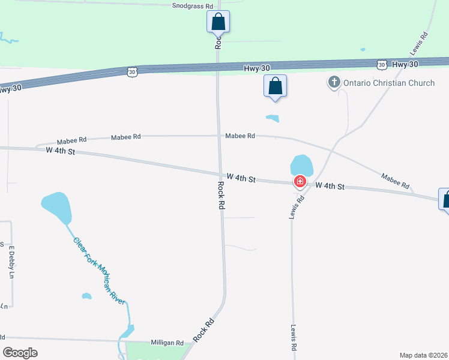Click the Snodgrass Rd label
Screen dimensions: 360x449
193,6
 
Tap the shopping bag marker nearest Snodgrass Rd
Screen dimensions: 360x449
218,22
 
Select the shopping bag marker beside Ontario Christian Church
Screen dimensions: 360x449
275,85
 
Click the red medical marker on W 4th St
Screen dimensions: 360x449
300,181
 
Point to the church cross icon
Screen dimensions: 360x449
334,82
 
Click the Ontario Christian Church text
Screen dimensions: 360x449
388,83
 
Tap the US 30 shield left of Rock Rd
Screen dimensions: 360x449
132,71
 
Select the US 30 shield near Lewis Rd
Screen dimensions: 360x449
381,64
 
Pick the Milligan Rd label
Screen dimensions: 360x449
167,343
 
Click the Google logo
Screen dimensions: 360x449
20,352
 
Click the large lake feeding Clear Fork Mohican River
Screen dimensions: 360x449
56,208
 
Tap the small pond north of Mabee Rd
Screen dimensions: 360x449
273,118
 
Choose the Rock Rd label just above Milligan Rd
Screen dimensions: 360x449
204,330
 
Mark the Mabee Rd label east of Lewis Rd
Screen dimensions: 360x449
395,181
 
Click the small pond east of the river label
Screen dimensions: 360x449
86,296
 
